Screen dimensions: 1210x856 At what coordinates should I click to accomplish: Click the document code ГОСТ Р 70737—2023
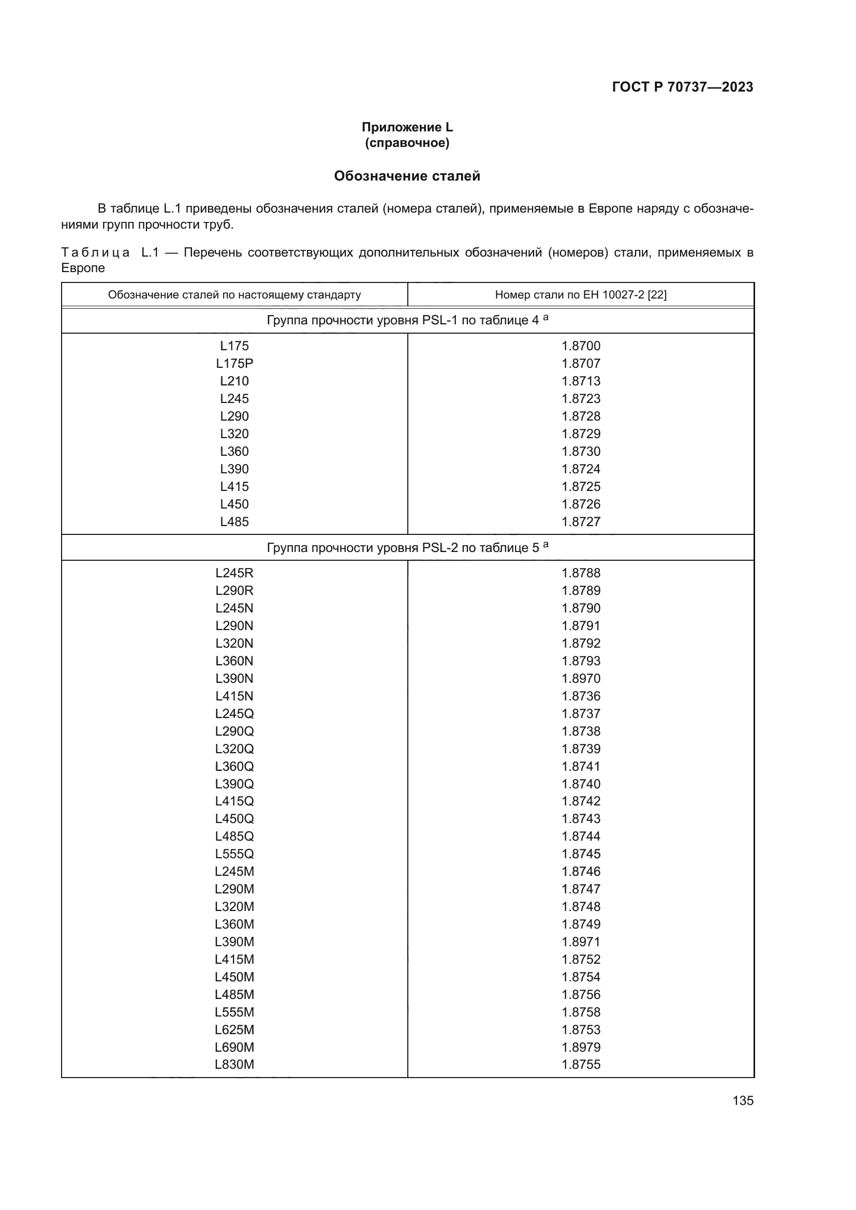point(683,87)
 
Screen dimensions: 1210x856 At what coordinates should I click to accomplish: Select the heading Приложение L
point(407,127)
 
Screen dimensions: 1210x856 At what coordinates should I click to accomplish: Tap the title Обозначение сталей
point(407,176)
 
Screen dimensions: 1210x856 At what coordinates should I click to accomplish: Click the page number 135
point(743,1100)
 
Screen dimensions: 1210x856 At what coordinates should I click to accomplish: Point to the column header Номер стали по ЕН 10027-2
point(580,294)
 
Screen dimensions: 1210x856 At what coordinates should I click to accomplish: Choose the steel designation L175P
point(234,364)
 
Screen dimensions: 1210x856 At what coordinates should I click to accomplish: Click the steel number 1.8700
point(581,346)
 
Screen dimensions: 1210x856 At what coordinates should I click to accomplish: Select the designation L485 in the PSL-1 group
point(234,522)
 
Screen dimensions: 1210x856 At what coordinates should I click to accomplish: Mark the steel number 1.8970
point(581,678)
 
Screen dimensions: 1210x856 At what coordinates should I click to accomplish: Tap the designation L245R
point(234,573)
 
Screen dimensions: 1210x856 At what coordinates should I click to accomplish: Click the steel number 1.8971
point(581,942)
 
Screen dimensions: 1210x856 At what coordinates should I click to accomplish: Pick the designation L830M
point(234,1065)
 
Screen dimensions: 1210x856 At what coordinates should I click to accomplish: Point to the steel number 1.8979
point(581,1047)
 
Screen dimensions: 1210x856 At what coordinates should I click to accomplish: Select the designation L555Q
point(234,854)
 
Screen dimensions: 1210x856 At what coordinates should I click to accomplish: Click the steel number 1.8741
point(581,766)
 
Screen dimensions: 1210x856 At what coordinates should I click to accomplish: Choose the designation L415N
point(234,696)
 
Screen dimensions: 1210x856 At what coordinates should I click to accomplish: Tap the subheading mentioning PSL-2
point(407,547)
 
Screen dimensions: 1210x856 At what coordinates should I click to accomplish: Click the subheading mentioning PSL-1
point(407,320)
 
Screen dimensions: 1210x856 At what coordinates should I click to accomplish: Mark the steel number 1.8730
point(581,452)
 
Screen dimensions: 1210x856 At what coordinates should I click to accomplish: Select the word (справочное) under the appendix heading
point(407,143)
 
